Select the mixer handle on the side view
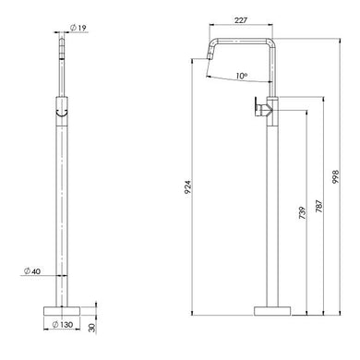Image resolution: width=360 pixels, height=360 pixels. (262, 110)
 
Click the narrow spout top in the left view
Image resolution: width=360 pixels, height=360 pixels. (62, 55)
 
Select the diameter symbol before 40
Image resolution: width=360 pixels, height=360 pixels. (27, 270)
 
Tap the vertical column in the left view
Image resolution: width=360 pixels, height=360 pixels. (62, 203)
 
